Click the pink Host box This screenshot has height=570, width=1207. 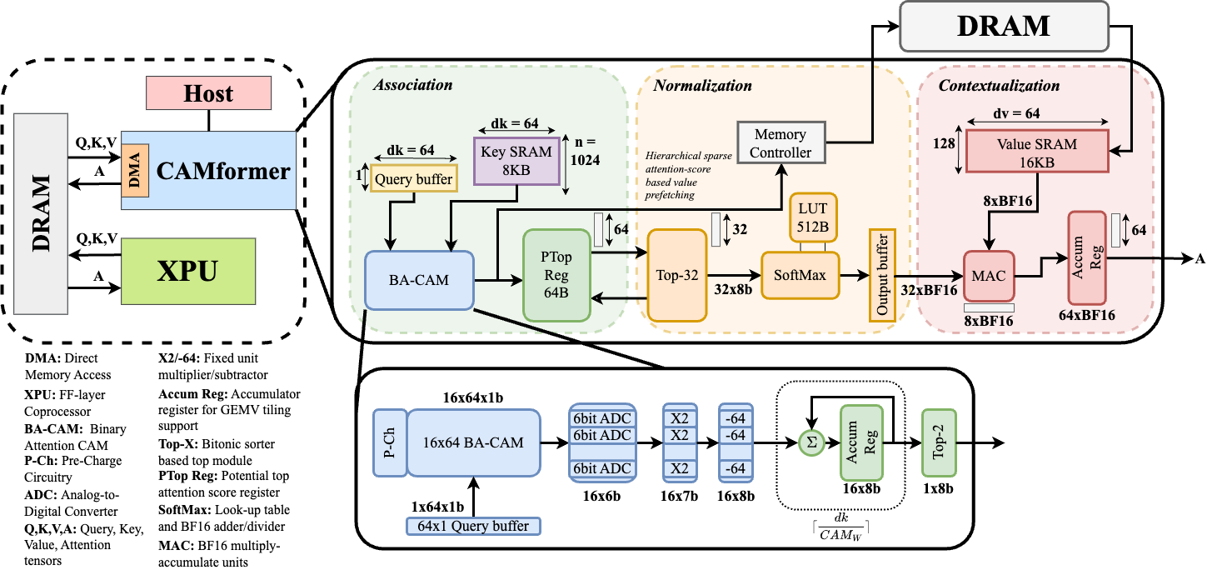tap(209, 93)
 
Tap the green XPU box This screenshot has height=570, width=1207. tap(187, 272)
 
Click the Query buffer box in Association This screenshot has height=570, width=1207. tap(414, 179)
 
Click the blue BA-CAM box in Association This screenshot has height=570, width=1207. tap(419, 280)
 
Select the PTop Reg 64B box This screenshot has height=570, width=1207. tap(556, 276)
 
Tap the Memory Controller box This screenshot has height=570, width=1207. tap(780, 143)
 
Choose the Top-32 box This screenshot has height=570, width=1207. tap(676, 275)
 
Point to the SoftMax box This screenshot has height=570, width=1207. tap(801, 273)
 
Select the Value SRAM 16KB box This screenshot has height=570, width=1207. tap(1036, 150)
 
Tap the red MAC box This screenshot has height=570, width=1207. tap(989, 275)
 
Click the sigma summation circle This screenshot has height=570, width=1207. tap(811, 443)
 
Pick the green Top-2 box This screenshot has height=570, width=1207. tap(939, 443)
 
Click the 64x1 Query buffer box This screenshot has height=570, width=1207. tap(473, 527)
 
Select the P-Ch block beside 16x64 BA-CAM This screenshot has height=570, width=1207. tap(389, 442)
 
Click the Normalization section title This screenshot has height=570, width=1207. tap(702, 86)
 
